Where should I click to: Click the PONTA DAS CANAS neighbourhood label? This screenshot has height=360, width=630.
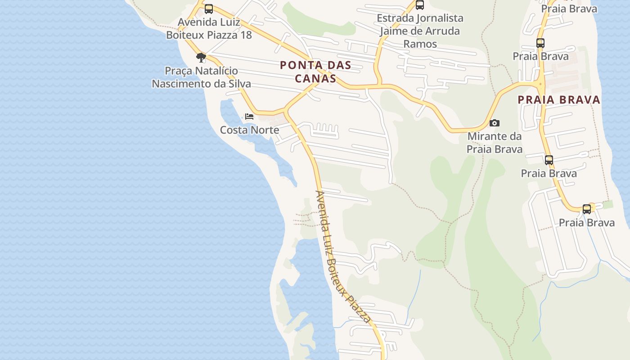tap(315, 72)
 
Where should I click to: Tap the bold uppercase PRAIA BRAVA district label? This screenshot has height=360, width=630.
tap(559, 99)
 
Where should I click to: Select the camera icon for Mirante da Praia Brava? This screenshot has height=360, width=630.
tap(494, 123)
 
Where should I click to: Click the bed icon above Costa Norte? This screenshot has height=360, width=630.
tap(249, 117)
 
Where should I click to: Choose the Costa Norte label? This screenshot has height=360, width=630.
tap(249, 130)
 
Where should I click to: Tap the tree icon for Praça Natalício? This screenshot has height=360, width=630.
tap(201, 57)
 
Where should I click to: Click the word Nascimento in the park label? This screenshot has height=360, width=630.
tap(188, 84)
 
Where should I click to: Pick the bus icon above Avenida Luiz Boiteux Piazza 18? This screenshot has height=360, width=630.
tap(208, 9)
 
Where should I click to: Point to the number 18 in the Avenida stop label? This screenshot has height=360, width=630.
tap(245, 35)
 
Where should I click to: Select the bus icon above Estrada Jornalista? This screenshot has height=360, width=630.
tap(420, 5)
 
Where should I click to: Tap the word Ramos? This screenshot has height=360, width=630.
tap(420, 44)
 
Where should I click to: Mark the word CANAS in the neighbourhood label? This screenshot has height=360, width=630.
tap(315, 78)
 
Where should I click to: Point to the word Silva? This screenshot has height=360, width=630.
tap(238, 84)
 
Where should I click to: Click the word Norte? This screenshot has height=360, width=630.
tap(265, 130)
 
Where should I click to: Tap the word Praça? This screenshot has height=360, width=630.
tap(179, 71)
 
